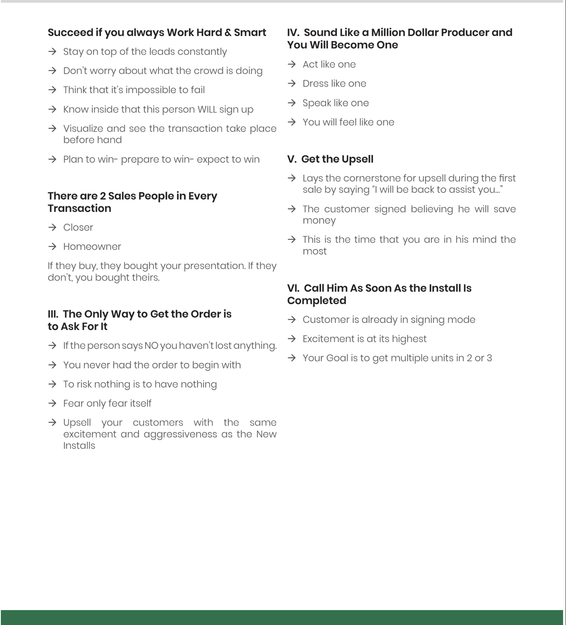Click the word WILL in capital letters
(207, 109)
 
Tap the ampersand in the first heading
(228, 33)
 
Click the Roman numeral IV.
(293, 33)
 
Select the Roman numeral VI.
(293, 288)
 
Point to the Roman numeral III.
(53, 314)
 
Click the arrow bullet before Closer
(52, 227)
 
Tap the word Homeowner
(92, 247)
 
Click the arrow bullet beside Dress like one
(292, 83)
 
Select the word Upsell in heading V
(357, 159)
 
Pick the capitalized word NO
(151, 346)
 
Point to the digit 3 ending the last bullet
(489, 358)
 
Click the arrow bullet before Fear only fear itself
(52, 403)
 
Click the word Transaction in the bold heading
(79, 209)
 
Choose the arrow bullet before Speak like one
(292, 103)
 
